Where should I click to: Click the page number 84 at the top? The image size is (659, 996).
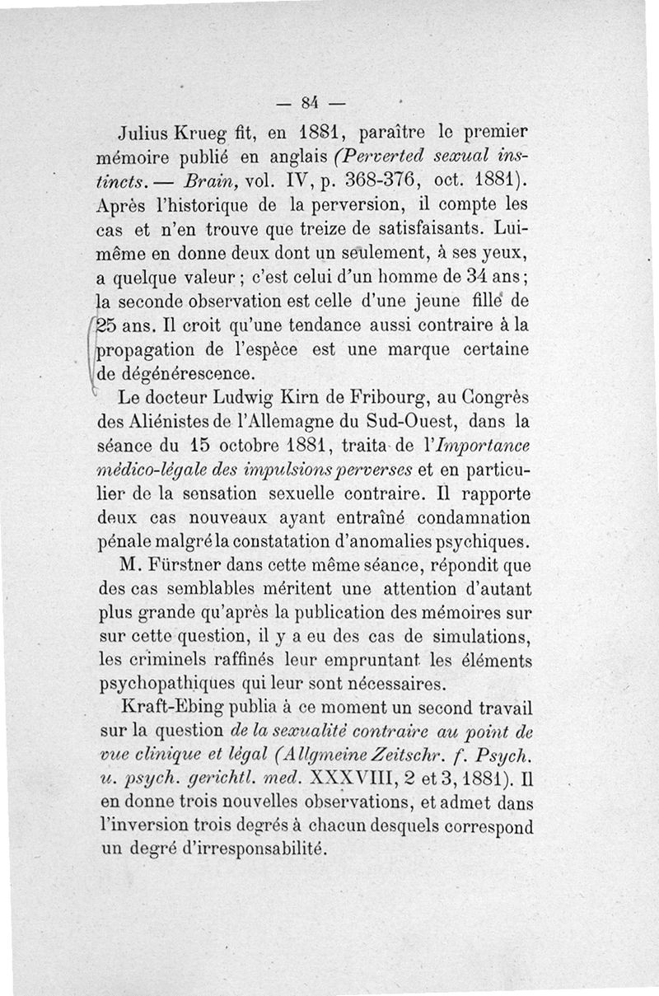(309, 104)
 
